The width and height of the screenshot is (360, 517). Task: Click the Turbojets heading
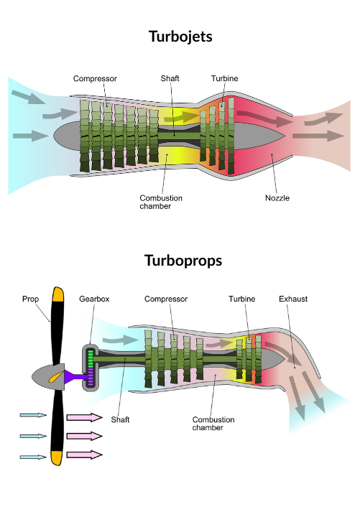[x=180, y=37]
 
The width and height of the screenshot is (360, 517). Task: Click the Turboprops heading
[x=183, y=261]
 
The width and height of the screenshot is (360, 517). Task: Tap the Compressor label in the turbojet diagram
[x=95, y=78]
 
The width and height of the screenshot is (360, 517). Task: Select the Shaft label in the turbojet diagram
[x=170, y=78]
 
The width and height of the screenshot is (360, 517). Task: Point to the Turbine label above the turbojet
[x=224, y=78]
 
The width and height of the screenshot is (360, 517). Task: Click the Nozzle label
[x=277, y=198]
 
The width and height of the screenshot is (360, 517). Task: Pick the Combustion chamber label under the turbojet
[x=161, y=202]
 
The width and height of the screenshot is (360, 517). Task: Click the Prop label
[x=30, y=299]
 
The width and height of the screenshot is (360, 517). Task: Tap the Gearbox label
[x=94, y=299]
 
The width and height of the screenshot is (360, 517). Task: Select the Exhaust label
[x=293, y=299]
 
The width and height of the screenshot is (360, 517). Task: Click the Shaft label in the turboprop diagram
[x=120, y=419]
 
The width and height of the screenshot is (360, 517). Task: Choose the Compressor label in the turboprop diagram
[x=166, y=299]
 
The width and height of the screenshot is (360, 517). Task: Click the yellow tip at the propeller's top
[x=58, y=294]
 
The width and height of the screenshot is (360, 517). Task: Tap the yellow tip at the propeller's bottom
[x=57, y=458]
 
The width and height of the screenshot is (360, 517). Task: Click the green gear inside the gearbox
[x=91, y=359]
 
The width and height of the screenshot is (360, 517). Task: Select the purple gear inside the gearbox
[x=91, y=377]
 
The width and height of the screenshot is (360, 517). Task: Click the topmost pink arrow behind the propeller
[x=85, y=417]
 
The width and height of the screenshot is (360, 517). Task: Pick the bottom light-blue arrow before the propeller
[x=33, y=457]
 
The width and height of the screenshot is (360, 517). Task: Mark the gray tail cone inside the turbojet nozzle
[x=257, y=136]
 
